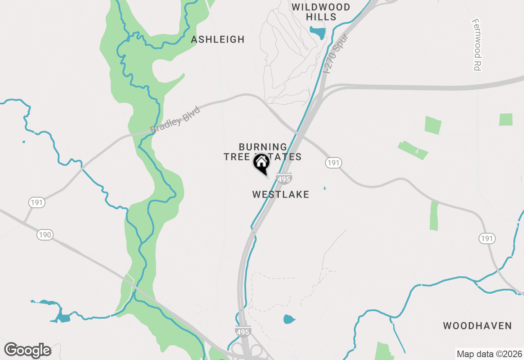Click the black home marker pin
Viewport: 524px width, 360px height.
pos(262,164)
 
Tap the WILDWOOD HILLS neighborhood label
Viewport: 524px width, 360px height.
pos(321,12)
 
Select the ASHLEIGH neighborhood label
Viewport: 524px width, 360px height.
pos(218,39)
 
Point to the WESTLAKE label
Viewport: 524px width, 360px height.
pos(281,194)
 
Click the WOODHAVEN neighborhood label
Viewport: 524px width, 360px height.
pos(477,326)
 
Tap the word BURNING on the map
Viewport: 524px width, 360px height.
pos(263,146)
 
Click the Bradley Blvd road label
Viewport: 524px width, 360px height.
pos(175,119)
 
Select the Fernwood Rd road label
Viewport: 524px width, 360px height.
pos(476,45)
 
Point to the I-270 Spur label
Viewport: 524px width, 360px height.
pos(336,54)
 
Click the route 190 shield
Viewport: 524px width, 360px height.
pos(45,235)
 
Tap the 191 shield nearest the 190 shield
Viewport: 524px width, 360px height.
pos(37,202)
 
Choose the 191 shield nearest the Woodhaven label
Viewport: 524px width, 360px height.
pos(487,239)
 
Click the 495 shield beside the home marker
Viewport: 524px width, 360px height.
pos(284,179)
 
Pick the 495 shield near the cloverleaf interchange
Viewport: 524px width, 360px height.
pos(243,331)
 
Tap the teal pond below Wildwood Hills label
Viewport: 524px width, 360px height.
pos(318,32)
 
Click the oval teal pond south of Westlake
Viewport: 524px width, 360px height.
pos(289,319)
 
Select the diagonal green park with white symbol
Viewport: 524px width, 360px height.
pos(413,150)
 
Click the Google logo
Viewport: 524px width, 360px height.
pos(28,350)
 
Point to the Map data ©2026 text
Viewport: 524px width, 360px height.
pos(489,354)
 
